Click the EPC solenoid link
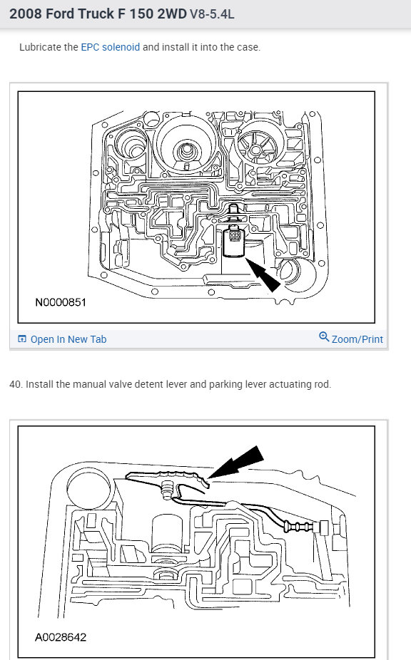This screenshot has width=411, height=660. [x=110, y=47]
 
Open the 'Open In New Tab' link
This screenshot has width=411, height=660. [x=68, y=339]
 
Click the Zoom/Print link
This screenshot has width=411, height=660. [x=357, y=339]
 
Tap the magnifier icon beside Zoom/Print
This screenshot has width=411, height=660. [x=324, y=336]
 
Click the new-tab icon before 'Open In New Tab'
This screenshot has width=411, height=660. [x=22, y=339]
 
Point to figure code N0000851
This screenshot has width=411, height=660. [x=61, y=302]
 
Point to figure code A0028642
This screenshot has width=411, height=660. [x=61, y=637]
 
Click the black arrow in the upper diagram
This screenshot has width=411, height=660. [x=263, y=275]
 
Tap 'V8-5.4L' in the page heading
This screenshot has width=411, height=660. [x=212, y=14]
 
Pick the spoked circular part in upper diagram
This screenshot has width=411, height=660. [x=257, y=144]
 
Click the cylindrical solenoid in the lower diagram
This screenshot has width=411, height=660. [x=168, y=534]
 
